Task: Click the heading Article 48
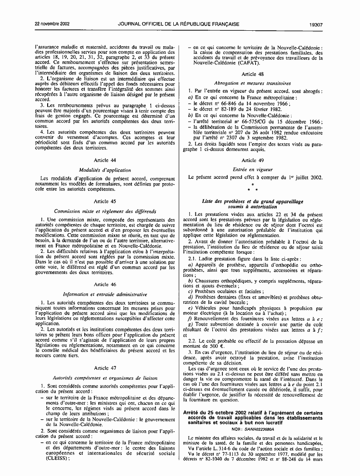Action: coord(255,74)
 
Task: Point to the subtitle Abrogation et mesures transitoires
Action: coord(255,83)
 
